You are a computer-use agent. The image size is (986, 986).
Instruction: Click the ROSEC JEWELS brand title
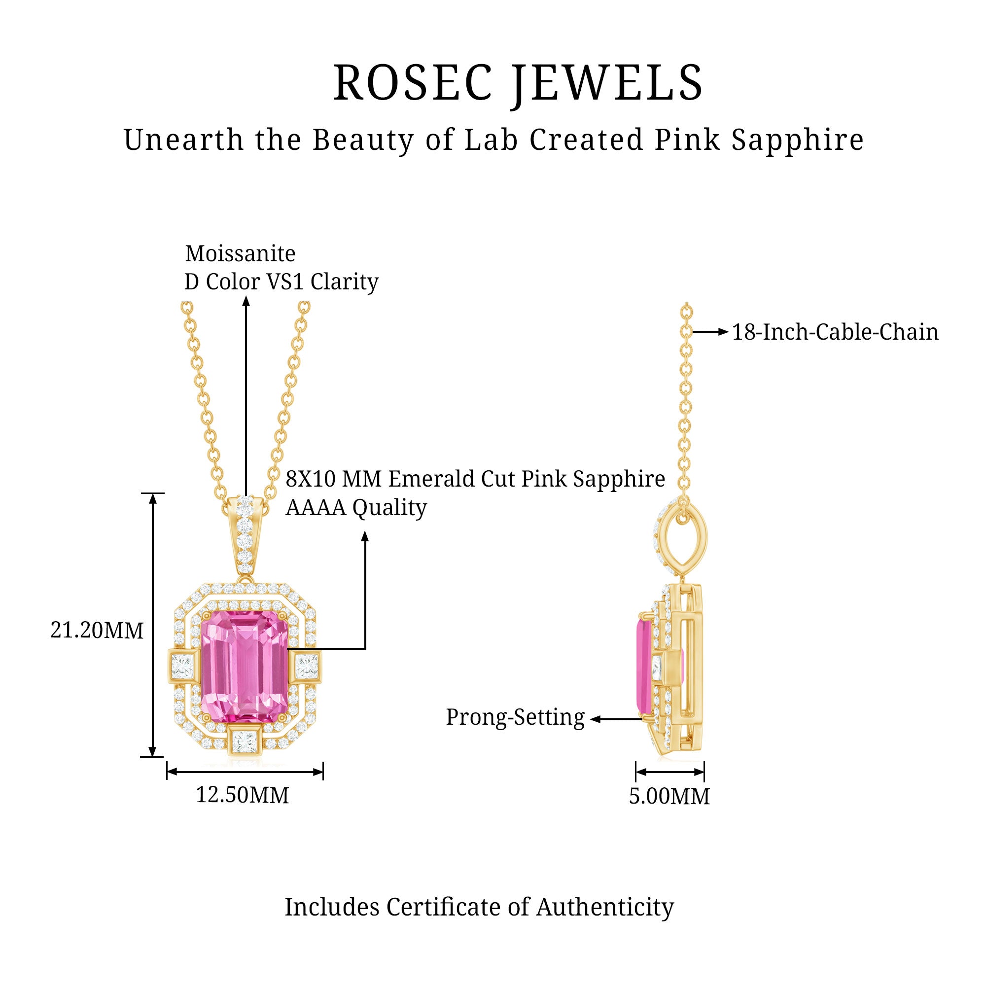518,83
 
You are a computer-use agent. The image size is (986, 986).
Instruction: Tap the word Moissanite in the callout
240,253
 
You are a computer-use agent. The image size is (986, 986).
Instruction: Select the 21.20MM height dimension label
97,631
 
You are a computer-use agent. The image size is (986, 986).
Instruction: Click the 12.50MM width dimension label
243,795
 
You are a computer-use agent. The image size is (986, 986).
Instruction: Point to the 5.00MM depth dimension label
669,796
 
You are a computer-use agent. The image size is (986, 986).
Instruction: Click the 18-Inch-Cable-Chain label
835,332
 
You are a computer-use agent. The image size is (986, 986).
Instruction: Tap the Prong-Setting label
515,717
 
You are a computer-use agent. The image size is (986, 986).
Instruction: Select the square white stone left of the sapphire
183,666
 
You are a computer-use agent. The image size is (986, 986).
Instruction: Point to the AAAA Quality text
356,508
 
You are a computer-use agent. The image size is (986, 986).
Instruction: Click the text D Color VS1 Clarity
281,282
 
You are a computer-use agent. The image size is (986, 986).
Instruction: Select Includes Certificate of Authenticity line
479,907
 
